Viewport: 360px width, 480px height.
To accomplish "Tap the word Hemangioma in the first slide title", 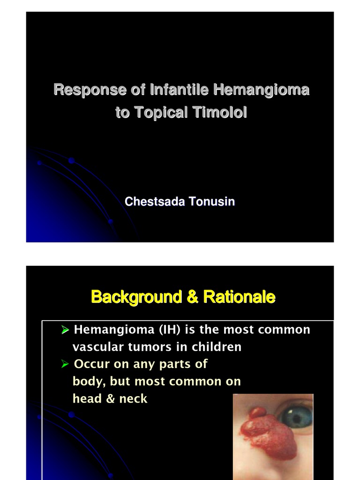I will point(261,90).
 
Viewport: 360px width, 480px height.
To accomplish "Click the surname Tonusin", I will point(211,202).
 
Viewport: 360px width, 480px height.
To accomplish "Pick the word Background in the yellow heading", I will point(137,297).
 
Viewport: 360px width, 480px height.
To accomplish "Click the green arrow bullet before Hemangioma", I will point(66,330).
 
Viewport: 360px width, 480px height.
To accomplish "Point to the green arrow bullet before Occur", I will point(66,365).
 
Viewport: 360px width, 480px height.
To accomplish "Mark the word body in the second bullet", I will point(88,382).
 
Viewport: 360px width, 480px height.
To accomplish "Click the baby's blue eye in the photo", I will point(296,416).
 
